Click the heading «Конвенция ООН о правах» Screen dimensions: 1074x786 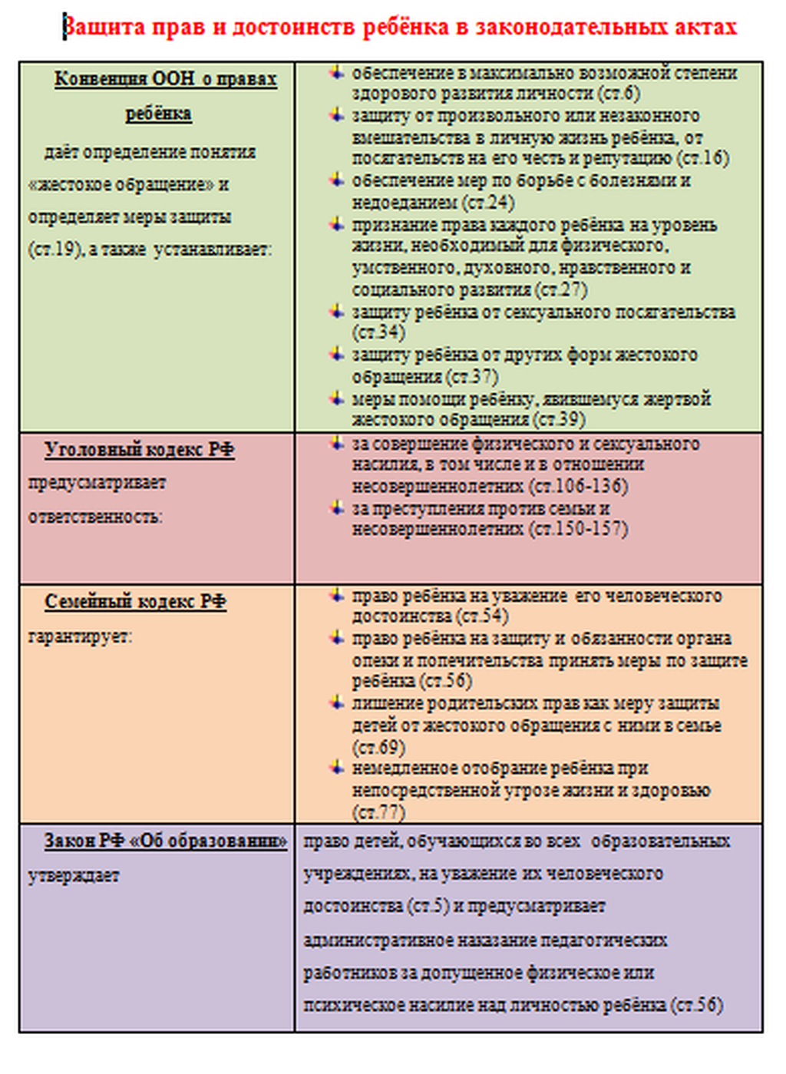point(165,80)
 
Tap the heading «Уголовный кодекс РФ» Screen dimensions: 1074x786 point(139,450)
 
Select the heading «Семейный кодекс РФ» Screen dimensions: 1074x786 point(135,602)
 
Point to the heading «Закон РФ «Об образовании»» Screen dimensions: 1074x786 point(165,841)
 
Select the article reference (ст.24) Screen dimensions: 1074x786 point(488,203)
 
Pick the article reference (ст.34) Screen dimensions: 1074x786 point(378,333)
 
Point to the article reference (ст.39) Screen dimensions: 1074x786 point(558,420)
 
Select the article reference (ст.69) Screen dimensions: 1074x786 point(378,747)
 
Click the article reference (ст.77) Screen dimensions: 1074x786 point(378,811)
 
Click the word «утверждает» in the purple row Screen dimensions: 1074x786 point(74,876)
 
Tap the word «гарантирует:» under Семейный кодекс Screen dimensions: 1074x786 point(80,636)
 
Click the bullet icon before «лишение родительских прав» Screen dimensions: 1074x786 point(336,702)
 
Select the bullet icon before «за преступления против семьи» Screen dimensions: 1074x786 point(336,507)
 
